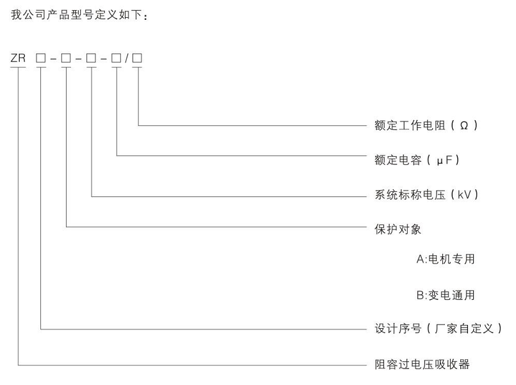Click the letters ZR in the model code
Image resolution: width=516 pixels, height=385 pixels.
pyautogui.click(x=18, y=58)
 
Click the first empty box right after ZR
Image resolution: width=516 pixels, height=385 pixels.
pyautogui.click(x=41, y=58)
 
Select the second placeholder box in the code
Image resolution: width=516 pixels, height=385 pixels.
pyautogui.click(x=66, y=58)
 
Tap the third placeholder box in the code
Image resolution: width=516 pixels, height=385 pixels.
pyautogui.click(x=91, y=58)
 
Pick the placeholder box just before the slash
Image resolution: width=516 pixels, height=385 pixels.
pyautogui.click(x=116, y=58)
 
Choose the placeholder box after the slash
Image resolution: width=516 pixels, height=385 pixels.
pyautogui.click(x=137, y=58)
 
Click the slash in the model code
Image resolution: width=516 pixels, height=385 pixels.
pyautogui.click(x=127, y=59)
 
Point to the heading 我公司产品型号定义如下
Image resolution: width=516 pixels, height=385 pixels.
pyautogui.click(x=77, y=15)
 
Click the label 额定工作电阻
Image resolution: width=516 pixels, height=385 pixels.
pyautogui.click(x=410, y=125)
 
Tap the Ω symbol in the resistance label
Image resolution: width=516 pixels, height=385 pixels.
pyautogui.click(x=464, y=125)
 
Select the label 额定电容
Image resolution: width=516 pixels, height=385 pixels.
pyautogui.click(x=398, y=160)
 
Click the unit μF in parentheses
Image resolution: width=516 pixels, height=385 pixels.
pyautogui.click(x=444, y=161)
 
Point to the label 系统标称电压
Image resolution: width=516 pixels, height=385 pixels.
pyautogui.click(x=410, y=194)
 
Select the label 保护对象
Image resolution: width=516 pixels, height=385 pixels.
pyautogui.click(x=398, y=229)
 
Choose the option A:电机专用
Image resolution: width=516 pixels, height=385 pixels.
pyautogui.click(x=446, y=259)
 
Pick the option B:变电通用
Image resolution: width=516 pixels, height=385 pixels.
pyautogui.click(x=446, y=295)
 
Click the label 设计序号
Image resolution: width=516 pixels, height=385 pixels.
pyautogui.click(x=398, y=329)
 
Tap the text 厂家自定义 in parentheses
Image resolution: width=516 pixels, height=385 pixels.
pyautogui.click(x=464, y=329)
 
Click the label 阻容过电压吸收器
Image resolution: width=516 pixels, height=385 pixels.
pyautogui.click(x=423, y=365)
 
